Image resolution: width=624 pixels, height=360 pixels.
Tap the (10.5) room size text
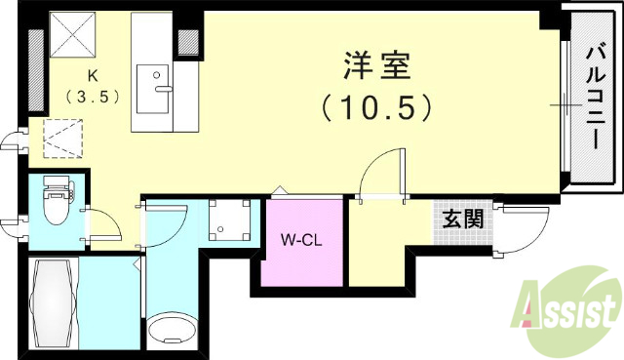point(377,106)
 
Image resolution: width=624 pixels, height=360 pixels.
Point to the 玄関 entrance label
point(463,219)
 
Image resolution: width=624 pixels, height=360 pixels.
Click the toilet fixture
point(57,205)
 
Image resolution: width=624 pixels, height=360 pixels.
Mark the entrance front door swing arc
point(522,230)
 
